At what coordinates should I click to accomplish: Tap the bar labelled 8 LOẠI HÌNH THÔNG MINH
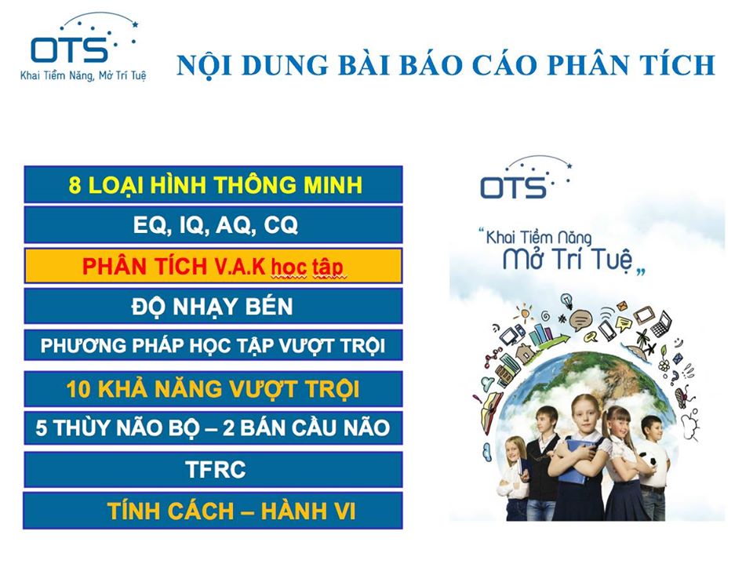coord(213,185)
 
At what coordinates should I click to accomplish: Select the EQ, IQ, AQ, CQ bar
coord(213,225)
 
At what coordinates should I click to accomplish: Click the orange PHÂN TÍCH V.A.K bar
coord(213,266)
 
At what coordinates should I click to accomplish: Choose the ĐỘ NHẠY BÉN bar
coord(213,306)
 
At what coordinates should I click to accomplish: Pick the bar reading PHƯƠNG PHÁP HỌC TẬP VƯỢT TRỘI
coord(213,345)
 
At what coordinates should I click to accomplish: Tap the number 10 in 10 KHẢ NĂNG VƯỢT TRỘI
coord(78,389)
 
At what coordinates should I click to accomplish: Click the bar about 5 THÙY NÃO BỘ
coord(213,428)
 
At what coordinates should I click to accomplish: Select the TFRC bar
coord(213,469)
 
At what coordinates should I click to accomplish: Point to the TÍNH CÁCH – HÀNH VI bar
coord(213,511)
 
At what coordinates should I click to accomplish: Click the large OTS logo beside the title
coord(82,47)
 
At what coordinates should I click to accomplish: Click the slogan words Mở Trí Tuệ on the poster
coord(569,260)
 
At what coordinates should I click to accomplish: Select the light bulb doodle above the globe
coord(568,300)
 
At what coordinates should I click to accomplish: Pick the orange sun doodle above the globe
coord(525,314)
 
